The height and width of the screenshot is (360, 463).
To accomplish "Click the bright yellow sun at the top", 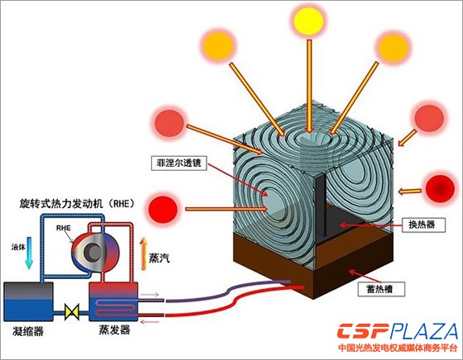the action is point(309,21).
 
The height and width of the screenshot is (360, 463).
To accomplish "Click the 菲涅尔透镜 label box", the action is point(179,163).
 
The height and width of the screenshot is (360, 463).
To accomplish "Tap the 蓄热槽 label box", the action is point(380,289).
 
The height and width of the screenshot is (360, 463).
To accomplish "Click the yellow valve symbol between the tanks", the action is point(72,312).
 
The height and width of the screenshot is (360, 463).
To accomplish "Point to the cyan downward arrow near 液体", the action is point(29,253).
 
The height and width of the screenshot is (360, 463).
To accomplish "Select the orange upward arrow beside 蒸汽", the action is point(144,253).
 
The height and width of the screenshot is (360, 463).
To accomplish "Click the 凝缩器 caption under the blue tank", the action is point(28,331).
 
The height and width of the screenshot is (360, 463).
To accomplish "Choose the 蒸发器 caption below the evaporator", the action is point(114,329).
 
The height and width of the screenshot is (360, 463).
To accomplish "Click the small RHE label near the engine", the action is point(64,228).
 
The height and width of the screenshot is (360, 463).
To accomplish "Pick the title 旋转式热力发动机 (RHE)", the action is point(78,203).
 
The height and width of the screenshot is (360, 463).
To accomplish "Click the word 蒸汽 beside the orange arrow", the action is point(160,258).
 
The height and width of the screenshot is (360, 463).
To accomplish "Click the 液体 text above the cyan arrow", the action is point(18,247).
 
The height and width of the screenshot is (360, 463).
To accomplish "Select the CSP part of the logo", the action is point(364,331).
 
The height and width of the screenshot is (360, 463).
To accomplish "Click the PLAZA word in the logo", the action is point(423,331).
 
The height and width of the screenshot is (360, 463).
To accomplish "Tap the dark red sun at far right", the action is point(440,189).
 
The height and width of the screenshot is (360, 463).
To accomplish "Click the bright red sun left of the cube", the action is point(163,208).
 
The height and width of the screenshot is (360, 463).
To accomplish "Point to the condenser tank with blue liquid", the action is point(28,301).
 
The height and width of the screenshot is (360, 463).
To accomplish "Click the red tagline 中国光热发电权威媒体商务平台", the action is point(398,348).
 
